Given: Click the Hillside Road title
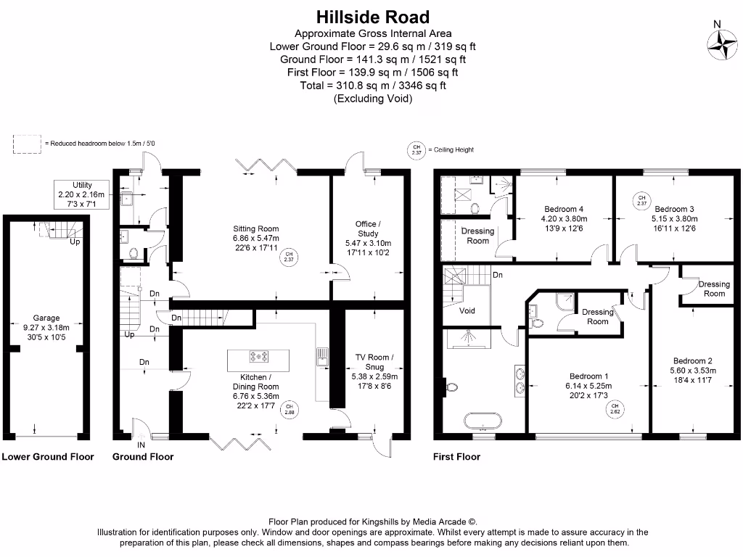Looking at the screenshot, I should (x=372, y=17).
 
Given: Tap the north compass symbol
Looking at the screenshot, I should (x=725, y=44).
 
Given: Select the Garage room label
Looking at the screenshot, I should (x=46, y=318).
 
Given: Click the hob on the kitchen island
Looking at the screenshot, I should (x=259, y=356).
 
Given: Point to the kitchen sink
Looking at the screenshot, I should (x=320, y=356).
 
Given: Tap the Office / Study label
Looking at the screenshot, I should (x=367, y=228).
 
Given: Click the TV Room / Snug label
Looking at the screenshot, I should (x=374, y=362).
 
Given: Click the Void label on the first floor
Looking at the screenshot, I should (x=468, y=310).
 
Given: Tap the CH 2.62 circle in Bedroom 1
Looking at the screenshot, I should (x=615, y=409).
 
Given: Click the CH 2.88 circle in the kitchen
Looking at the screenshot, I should (x=290, y=409).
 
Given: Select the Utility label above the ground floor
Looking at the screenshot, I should (x=82, y=186).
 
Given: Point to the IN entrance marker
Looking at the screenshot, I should (x=141, y=445).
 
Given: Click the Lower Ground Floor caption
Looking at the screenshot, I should (x=48, y=457).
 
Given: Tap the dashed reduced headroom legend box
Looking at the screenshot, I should (x=27, y=144).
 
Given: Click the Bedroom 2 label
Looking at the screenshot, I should (x=692, y=361).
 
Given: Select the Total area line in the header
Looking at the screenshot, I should (x=372, y=86).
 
